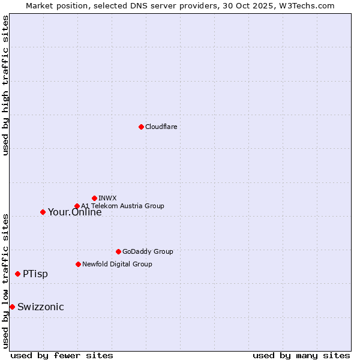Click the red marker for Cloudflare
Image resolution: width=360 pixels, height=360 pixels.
(x=141, y=127)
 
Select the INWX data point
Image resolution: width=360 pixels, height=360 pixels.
(x=94, y=198)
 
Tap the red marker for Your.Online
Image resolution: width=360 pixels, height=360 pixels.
(x=43, y=212)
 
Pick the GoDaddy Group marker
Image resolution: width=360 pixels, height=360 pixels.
(x=118, y=251)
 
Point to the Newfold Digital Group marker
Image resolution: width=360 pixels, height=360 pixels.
(x=78, y=264)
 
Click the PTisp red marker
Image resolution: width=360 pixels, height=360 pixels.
(x=17, y=274)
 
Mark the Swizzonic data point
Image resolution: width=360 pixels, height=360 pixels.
(x=12, y=307)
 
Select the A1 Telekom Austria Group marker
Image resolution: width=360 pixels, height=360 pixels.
(x=77, y=206)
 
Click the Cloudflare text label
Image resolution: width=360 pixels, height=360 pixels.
(x=161, y=127)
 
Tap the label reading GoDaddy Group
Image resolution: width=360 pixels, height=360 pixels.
(x=148, y=251)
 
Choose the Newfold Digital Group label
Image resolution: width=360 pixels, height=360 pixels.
(x=117, y=264)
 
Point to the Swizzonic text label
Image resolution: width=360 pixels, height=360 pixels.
(x=40, y=307)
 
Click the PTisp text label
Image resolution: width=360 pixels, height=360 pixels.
(x=35, y=274)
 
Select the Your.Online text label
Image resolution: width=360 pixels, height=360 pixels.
(x=74, y=212)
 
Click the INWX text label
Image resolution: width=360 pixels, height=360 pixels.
(x=107, y=198)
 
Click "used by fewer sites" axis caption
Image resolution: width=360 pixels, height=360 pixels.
(x=62, y=355)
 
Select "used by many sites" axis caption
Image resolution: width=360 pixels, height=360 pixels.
(x=301, y=355)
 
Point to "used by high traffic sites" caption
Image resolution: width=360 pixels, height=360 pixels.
(x=6, y=85)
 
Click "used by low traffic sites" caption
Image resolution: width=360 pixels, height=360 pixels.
(x=6, y=280)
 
